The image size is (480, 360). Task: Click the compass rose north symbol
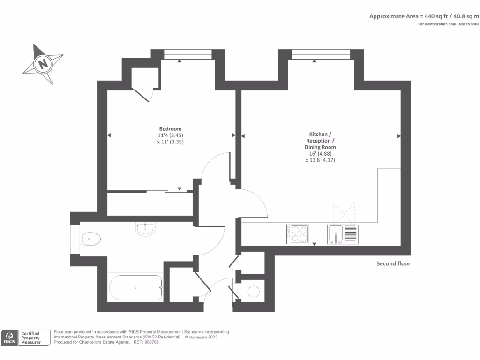[x=43, y=64]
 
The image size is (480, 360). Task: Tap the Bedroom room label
[x=170, y=129]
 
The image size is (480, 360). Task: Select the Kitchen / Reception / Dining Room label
[x=320, y=141]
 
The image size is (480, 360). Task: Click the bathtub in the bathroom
[x=135, y=287]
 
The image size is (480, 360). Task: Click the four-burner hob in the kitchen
[x=298, y=234]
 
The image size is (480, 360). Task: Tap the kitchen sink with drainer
[x=343, y=234]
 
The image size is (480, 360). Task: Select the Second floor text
[x=393, y=263]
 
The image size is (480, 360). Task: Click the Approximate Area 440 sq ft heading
[x=424, y=16]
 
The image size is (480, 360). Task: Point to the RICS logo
[x=9, y=337]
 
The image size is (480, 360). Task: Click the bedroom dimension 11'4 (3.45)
[x=170, y=135]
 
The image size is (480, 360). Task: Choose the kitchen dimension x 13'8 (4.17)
[x=320, y=160]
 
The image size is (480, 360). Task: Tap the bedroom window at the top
[x=187, y=56]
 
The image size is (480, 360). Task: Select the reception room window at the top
[x=321, y=56]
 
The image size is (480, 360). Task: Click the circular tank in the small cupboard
[x=253, y=292]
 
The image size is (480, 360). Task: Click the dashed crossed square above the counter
[x=344, y=212]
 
